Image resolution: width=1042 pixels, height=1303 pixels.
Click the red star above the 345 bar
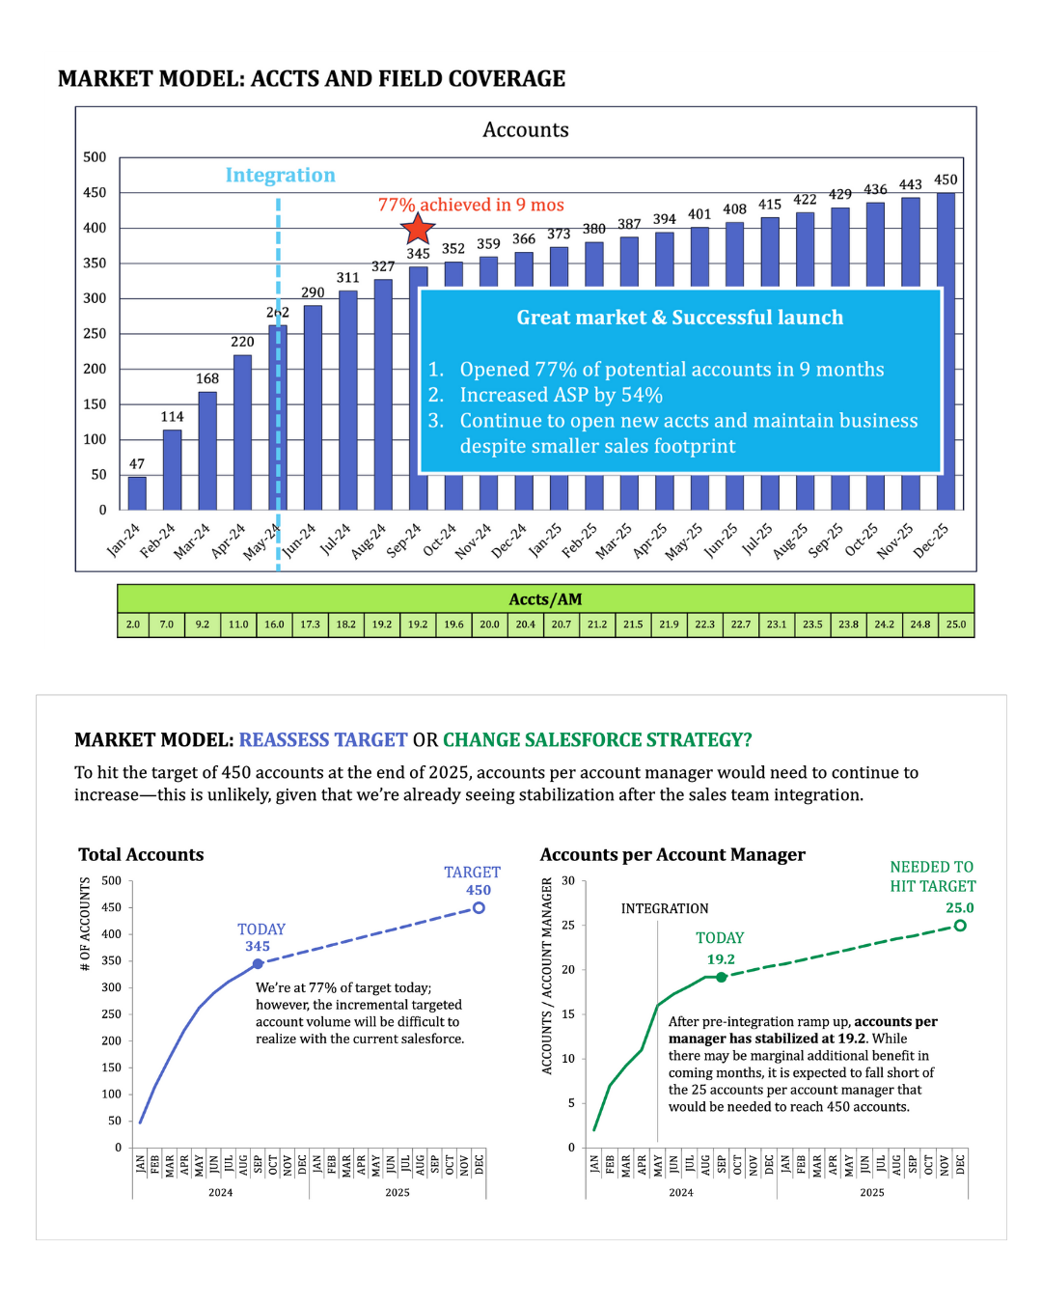click(x=418, y=229)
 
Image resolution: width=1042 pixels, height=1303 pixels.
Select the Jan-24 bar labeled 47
click(x=137, y=493)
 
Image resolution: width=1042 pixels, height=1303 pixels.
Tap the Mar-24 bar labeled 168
click(x=207, y=450)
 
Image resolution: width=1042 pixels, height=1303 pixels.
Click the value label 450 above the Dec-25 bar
click(x=946, y=180)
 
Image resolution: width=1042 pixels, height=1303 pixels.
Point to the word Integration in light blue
click(x=280, y=175)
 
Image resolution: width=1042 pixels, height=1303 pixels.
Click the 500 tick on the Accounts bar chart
click(x=95, y=157)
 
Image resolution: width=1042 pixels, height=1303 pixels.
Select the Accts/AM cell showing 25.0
click(x=955, y=624)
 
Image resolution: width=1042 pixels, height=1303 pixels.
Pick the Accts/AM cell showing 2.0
click(x=133, y=624)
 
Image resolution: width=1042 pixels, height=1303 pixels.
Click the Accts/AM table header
click(x=545, y=599)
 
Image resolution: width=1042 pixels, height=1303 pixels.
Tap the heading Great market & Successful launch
click(x=679, y=318)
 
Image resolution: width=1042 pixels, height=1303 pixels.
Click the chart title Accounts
click(x=526, y=129)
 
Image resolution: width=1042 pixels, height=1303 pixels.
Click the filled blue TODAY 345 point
click(x=258, y=963)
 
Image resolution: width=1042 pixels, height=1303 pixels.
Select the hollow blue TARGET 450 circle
click(x=479, y=908)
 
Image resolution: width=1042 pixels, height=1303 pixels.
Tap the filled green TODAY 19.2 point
click(x=722, y=977)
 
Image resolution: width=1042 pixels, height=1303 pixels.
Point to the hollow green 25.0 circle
click(x=960, y=926)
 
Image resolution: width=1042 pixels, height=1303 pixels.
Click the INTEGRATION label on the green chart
click(x=665, y=908)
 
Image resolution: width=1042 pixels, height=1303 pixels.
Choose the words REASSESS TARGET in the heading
click(x=323, y=740)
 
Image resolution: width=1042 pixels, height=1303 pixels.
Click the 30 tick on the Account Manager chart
click(x=568, y=881)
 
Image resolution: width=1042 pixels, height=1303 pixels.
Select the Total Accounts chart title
click(x=141, y=854)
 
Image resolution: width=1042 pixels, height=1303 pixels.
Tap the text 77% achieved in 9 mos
click(x=471, y=205)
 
